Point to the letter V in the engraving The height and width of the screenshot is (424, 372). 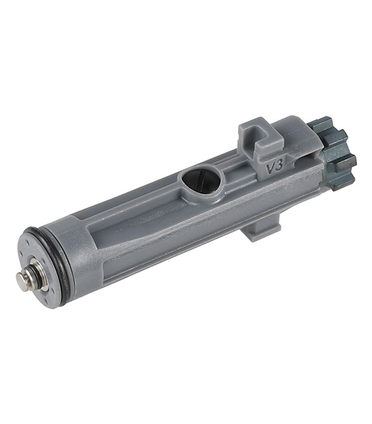pyautogui.click(x=270, y=170)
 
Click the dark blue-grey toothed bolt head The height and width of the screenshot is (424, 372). pyautogui.click(x=337, y=151)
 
